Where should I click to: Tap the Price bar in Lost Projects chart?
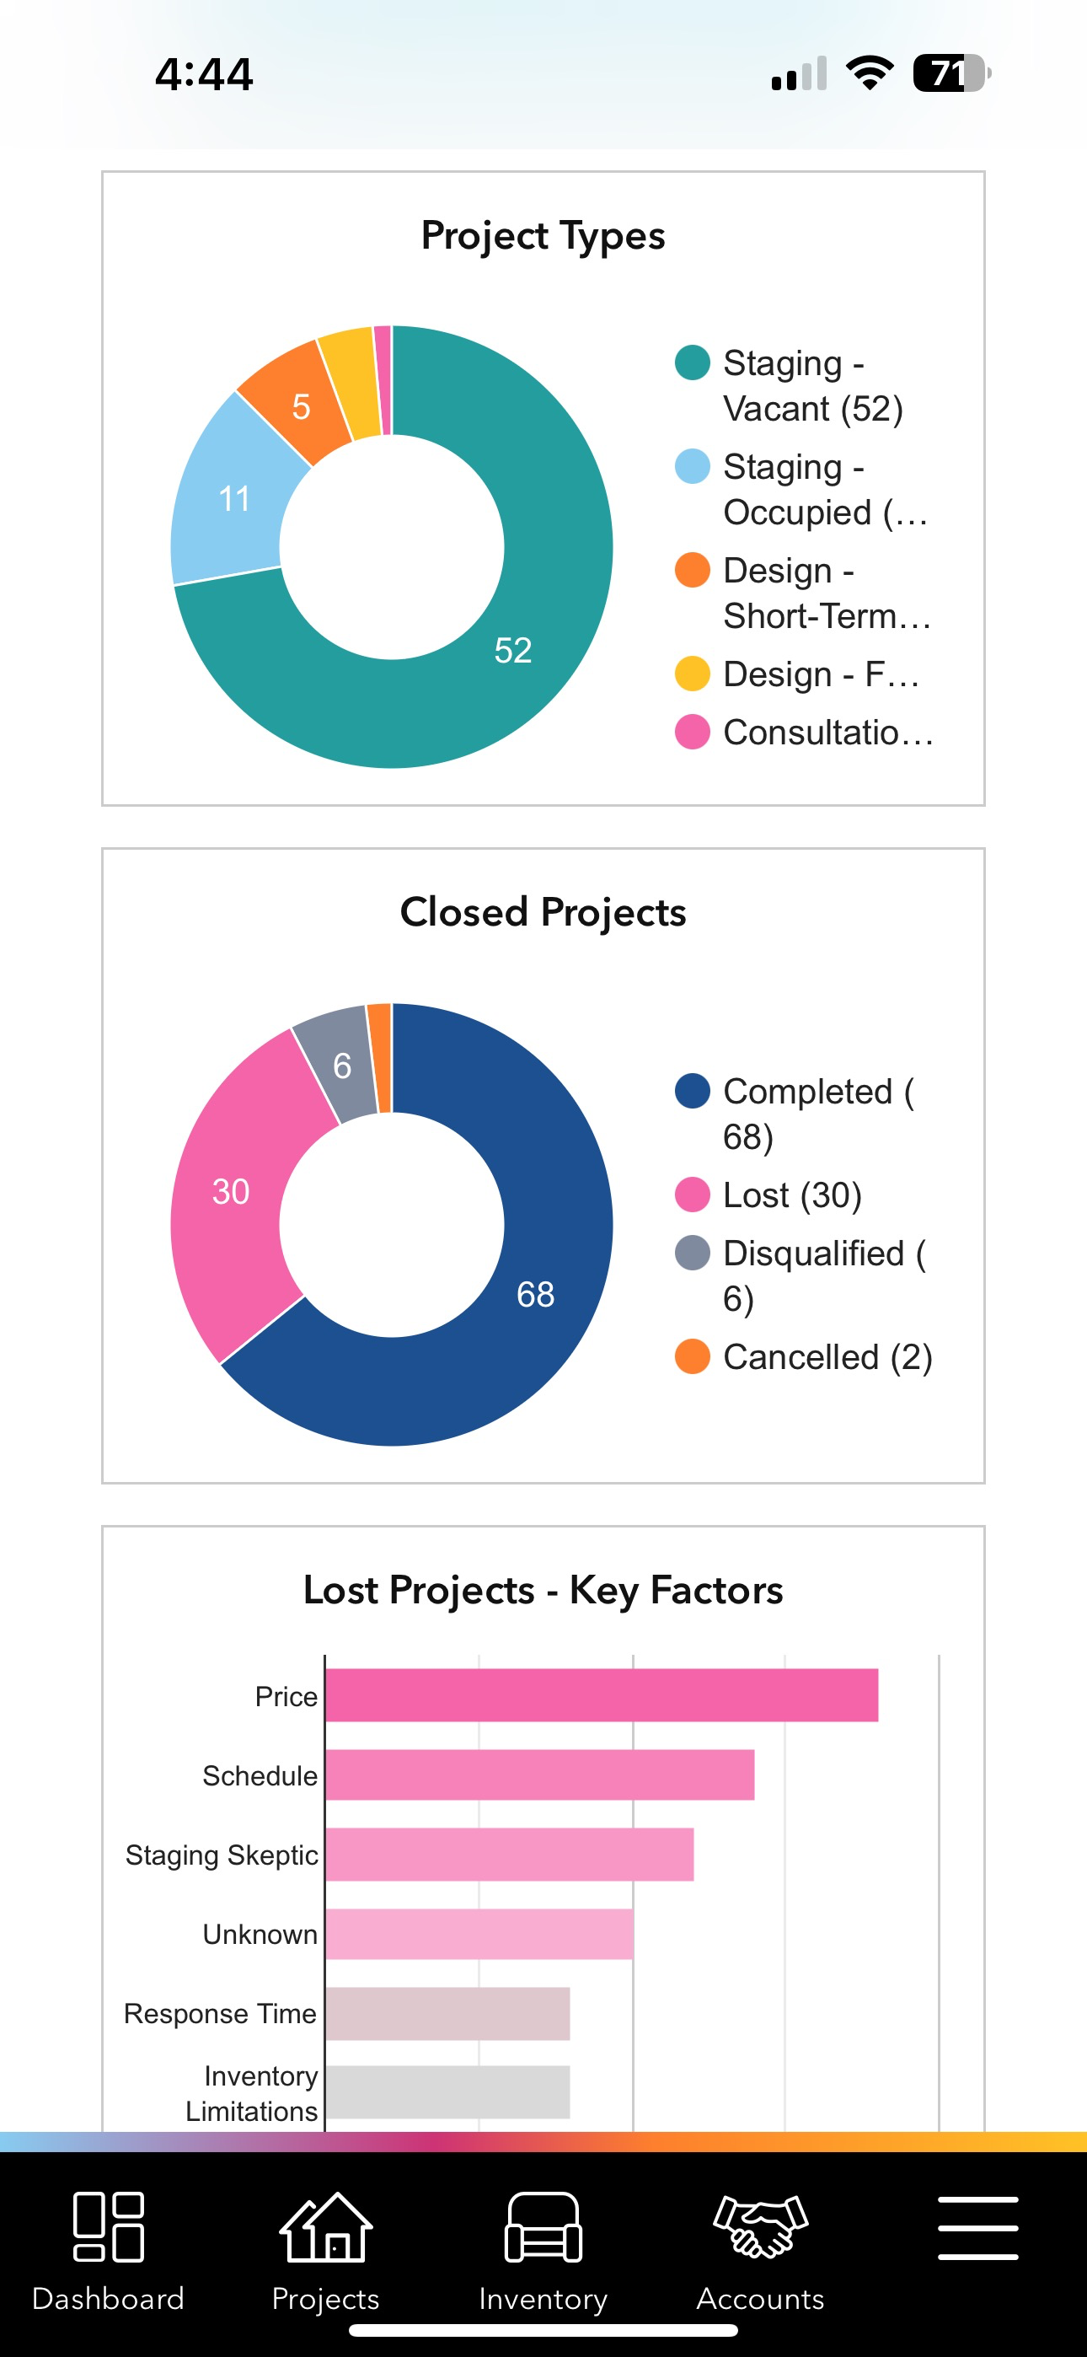[602, 1694]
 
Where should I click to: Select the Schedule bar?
[540, 1774]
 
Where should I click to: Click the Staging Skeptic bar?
[510, 1854]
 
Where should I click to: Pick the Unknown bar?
[479, 1933]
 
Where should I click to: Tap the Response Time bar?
[447, 2013]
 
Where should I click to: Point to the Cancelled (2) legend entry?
[803, 1357]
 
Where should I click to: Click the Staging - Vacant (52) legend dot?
[693, 362]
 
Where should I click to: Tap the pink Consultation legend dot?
[693, 732]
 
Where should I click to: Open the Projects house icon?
[326, 2227]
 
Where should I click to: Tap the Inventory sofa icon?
[543, 2227]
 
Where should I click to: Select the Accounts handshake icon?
[760, 2225]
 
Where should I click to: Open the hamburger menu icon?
[978, 2227]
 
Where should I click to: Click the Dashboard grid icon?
[108, 2227]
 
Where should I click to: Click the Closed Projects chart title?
[543, 912]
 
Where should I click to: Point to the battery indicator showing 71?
[951, 73]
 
